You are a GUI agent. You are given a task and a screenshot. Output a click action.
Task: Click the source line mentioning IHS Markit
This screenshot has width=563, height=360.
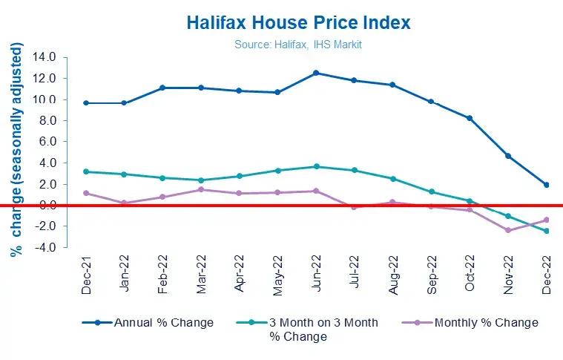coord(297,45)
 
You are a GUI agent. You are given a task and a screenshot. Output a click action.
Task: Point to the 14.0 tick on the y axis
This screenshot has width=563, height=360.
coord(45,57)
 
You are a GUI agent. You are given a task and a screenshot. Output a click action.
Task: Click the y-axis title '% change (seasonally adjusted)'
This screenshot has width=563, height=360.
coord(16,152)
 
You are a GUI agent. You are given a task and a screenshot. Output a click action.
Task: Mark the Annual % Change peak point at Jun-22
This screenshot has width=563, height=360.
coord(316,73)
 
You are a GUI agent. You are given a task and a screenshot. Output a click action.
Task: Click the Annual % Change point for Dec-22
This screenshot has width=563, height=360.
coord(547,185)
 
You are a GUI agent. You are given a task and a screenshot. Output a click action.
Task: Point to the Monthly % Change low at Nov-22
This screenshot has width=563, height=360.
coord(508,230)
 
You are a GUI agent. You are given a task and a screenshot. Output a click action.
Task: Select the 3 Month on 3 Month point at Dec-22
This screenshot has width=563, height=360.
coord(547,231)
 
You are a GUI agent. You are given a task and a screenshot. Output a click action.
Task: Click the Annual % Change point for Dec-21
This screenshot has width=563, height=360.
coord(86,102)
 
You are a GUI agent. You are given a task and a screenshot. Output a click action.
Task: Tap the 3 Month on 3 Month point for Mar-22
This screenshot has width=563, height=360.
coord(201,180)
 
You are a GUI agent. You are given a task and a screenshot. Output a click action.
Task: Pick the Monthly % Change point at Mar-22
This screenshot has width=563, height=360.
coord(201,189)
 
